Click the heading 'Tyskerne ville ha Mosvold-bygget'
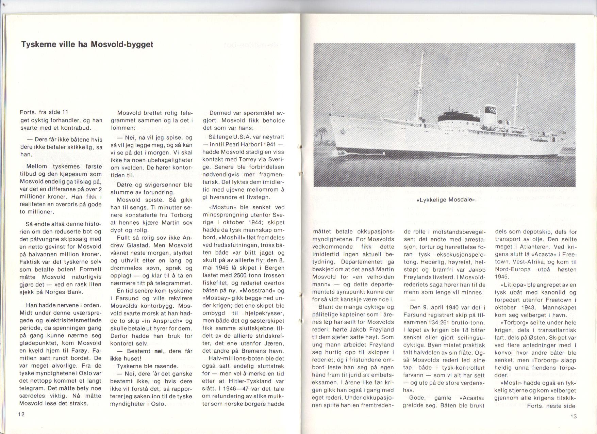[87, 45]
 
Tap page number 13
[573, 416]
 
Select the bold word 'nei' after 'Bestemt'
[159, 351]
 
